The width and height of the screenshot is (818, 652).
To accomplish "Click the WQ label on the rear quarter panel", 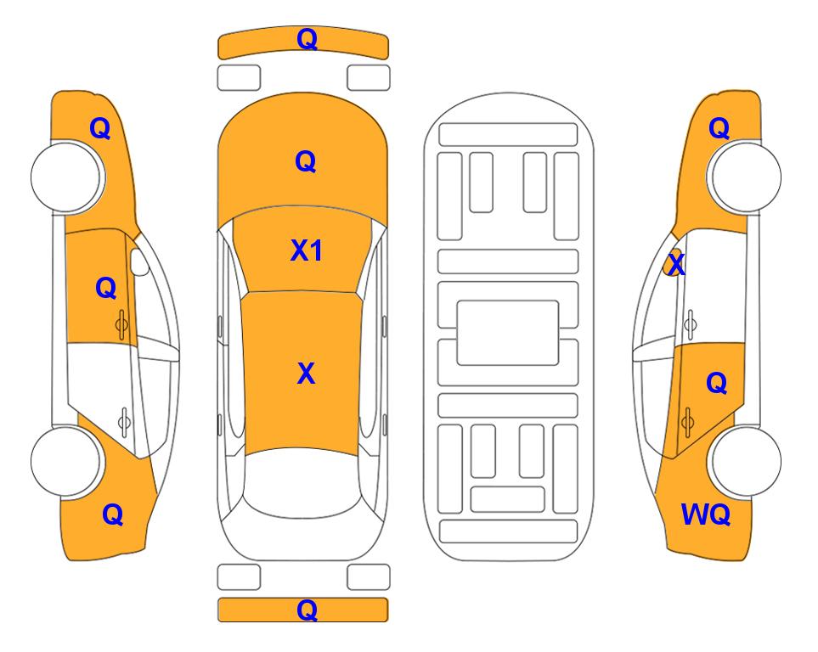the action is (x=706, y=514).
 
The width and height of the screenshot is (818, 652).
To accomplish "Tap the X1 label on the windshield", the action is (x=307, y=251).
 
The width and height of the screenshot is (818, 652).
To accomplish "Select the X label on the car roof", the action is (x=307, y=374).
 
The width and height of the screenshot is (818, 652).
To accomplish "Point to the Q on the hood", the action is (x=306, y=161).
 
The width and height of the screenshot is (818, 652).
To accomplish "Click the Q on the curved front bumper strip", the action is (x=307, y=39).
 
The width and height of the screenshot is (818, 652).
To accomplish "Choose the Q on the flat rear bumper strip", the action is (x=307, y=610).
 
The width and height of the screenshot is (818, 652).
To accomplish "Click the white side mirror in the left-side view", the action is (x=139, y=262).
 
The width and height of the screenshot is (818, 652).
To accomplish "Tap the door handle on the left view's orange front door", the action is (x=121, y=325).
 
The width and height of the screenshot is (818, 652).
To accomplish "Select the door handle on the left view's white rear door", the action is (x=124, y=421).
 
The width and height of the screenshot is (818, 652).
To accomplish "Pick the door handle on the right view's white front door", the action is (x=691, y=324).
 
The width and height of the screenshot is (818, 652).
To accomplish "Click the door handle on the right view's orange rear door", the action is (x=687, y=422).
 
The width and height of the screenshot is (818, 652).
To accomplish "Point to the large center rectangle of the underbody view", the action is (x=508, y=333).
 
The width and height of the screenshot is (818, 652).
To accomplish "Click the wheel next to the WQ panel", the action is (x=744, y=462).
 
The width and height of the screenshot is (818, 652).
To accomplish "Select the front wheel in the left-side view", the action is (x=67, y=177).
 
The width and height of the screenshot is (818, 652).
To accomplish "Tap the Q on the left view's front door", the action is (x=106, y=288).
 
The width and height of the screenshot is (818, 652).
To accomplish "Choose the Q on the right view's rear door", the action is (x=717, y=384).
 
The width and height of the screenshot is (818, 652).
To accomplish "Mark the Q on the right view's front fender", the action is (x=719, y=128).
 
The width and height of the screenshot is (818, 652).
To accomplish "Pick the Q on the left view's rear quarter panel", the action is (x=113, y=514).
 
